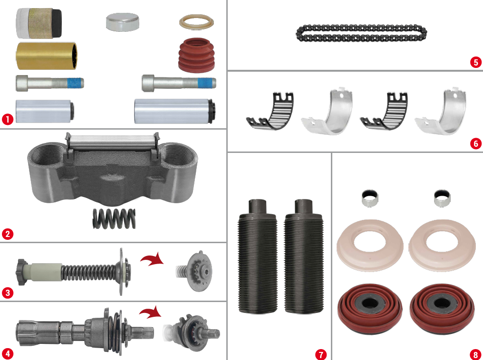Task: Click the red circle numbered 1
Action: pos(8,119)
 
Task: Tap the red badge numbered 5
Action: pos(476,63)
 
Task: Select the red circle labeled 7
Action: pos(321,354)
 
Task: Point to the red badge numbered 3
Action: pos(8,292)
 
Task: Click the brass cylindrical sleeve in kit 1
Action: pos(47,56)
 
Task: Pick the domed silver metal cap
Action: pos(122,22)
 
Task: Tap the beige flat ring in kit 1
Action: pos(196,22)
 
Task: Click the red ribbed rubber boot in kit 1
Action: pos(197,55)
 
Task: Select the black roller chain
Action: pos(361,33)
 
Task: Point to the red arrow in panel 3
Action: pos(152,259)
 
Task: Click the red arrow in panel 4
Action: pos(151,313)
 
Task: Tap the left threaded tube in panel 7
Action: pos(258,256)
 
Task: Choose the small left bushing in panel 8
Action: pos(370,198)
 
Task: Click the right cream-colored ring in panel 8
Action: pos(442,245)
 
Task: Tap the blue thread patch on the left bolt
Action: pos(76,83)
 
